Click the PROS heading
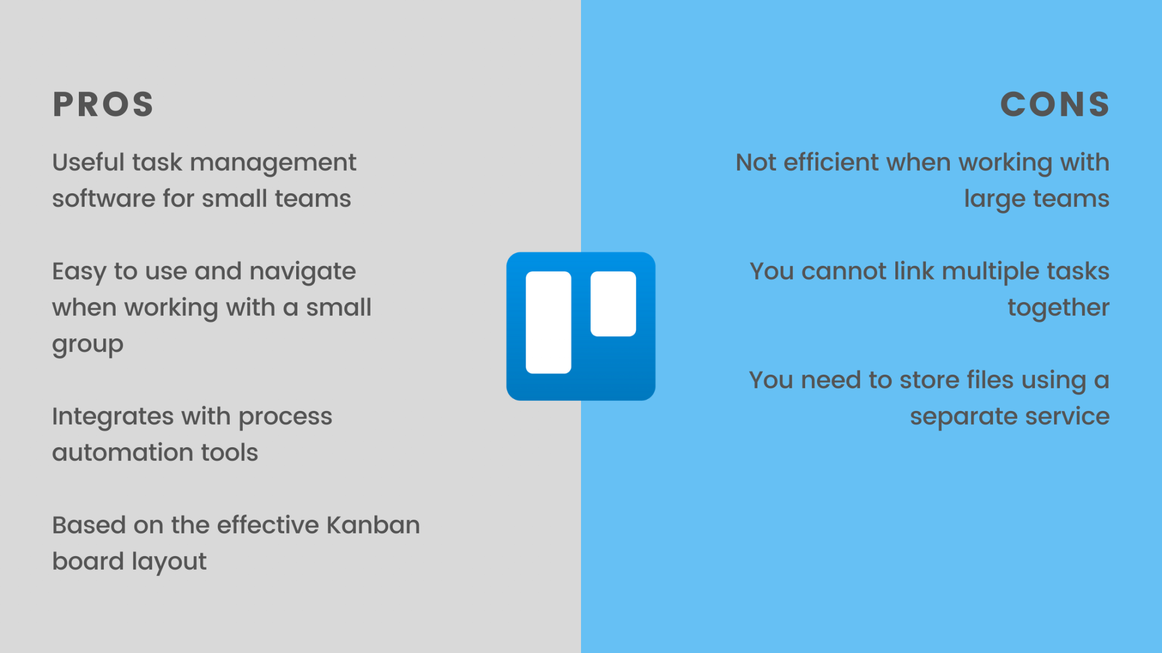click(x=103, y=104)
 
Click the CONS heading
click(x=1055, y=104)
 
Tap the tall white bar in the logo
click(x=548, y=322)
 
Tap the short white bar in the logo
click(x=613, y=303)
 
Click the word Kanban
click(x=373, y=525)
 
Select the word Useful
click(x=88, y=162)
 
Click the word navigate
click(x=302, y=272)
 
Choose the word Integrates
click(x=112, y=417)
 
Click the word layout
click(x=169, y=562)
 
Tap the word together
click(x=1058, y=308)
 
